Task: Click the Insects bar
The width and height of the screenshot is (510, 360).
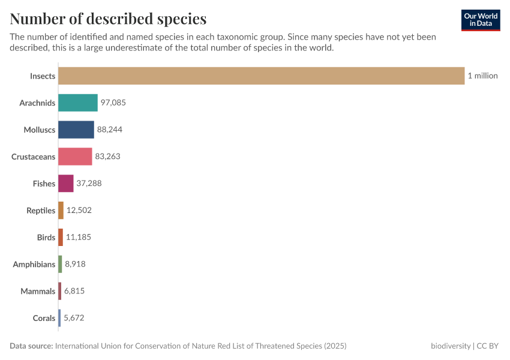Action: pos(261,76)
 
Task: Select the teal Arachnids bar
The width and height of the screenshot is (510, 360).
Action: pos(78,103)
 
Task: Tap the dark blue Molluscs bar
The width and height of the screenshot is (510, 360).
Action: pos(76,130)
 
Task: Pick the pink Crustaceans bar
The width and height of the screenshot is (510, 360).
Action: pos(75,157)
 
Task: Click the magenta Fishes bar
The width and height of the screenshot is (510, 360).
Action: pos(66,184)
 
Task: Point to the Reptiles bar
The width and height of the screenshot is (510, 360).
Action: pos(61,211)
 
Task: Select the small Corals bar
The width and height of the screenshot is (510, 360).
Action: pos(59,318)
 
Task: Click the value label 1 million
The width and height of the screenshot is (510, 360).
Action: pos(482,76)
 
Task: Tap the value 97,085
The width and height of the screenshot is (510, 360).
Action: pos(113,103)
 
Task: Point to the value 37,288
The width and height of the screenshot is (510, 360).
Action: pos(89,184)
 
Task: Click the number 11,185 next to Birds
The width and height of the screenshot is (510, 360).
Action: pos(78,238)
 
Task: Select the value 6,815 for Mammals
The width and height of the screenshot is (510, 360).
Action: pos(75,291)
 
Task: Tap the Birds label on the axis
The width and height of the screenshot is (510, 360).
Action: pos(46,238)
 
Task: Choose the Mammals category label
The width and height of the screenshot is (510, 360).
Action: pos(38,291)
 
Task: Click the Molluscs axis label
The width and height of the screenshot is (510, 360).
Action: pos(39,130)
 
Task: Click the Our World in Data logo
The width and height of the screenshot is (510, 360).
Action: pos(481,20)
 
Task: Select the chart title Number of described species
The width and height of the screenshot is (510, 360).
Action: pos(108,19)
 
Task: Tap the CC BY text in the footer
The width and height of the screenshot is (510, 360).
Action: pos(488,346)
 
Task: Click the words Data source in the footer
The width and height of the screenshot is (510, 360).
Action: pos(31,346)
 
